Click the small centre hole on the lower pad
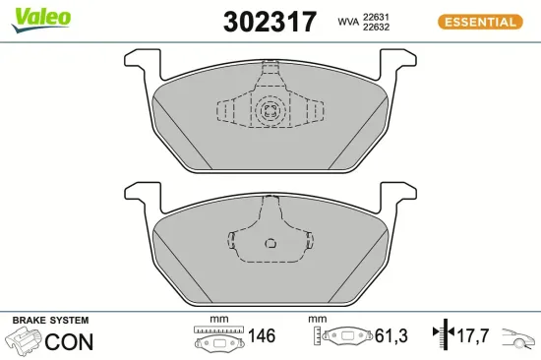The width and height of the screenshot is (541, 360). (270, 244)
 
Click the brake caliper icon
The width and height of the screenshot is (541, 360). (25, 341)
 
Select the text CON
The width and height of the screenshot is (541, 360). (70, 342)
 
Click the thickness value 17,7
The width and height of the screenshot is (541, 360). (474, 336)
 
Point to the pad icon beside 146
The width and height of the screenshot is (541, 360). (217, 340)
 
